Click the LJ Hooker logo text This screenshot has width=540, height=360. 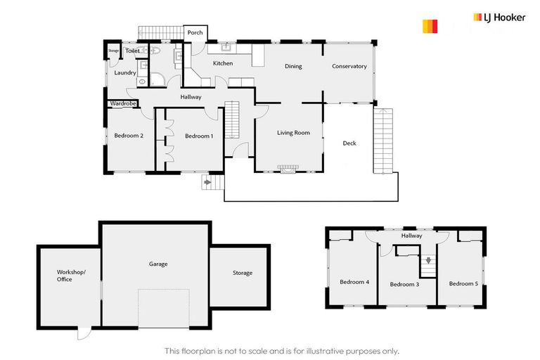[x=499, y=18]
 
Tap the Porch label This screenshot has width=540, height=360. [x=195, y=32]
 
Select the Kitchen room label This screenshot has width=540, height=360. [x=223, y=63]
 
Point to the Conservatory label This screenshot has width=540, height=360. [x=349, y=67]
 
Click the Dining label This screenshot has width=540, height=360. [x=293, y=67]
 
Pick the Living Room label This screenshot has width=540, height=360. [x=293, y=132]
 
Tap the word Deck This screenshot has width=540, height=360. [x=349, y=143]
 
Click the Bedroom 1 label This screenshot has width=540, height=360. [x=198, y=136]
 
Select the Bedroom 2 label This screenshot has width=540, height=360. [x=129, y=136]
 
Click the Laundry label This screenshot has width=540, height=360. [x=125, y=72]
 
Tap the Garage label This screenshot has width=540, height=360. [x=158, y=264]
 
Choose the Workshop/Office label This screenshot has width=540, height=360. [x=70, y=276]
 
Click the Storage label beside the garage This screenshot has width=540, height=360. [x=242, y=273]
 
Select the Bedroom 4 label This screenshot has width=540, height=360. [x=354, y=282]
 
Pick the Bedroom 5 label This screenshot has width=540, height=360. [x=463, y=283]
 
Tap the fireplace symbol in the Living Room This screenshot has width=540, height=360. [x=286, y=169]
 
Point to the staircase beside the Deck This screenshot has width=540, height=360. [x=385, y=141]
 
